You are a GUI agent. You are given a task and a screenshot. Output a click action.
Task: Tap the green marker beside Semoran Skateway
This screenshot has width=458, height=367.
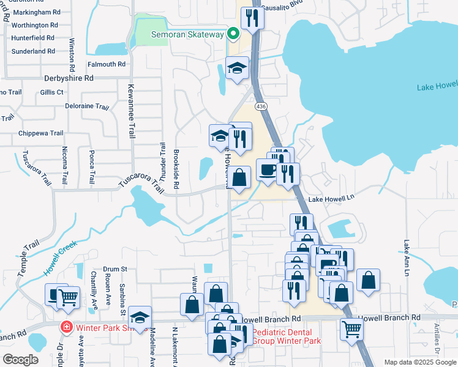tap(233, 34)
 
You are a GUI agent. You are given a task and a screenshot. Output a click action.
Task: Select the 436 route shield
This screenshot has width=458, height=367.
tap(261, 106)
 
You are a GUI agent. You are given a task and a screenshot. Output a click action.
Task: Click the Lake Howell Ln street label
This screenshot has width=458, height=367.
tap(331, 199)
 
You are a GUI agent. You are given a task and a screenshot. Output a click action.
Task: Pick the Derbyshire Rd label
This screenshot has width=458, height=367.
tap(69, 78)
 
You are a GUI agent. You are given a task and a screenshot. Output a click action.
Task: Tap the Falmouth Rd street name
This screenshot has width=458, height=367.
tap(106, 64)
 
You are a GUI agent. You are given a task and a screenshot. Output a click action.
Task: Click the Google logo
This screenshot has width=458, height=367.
tap(20, 360)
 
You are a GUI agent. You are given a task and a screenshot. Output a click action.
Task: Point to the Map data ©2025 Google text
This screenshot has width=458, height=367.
tap(419, 362)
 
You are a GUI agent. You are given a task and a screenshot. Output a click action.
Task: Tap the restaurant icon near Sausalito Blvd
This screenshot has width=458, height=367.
tap(251, 18)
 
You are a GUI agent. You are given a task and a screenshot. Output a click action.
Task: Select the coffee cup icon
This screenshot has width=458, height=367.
tap(266, 169)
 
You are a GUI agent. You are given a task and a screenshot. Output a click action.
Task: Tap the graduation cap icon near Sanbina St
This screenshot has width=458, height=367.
tap(140, 317)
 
